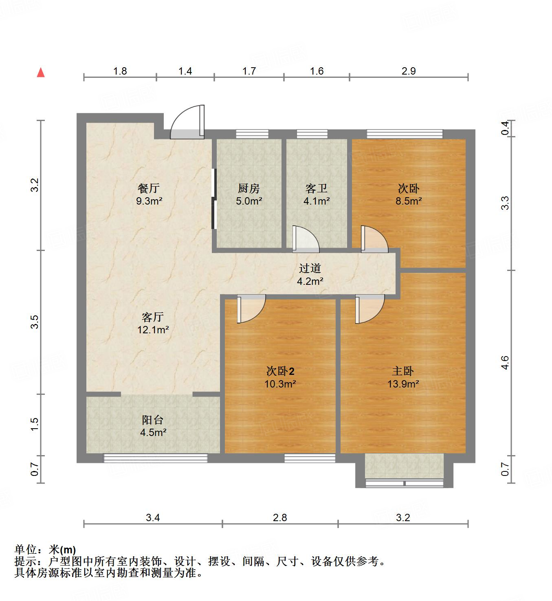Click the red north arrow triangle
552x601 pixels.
(41, 73)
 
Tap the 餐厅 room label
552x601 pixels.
(149, 188)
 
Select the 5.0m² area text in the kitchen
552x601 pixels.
(249, 201)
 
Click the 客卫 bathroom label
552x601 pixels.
(317, 188)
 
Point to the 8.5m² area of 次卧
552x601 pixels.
(409, 201)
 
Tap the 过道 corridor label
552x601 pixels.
(310, 268)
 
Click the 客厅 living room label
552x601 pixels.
(153, 317)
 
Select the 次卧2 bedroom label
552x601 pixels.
(280, 371)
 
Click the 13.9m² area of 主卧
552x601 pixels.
(403, 384)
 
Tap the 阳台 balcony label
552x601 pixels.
(153, 420)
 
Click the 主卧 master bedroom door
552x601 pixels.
(369, 309)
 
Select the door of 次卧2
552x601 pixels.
(251, 308)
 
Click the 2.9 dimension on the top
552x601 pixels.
(409, 71)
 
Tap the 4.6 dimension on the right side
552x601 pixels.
(505, 363)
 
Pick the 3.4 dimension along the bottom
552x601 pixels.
(153, 518)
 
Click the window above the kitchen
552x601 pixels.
(252, 133)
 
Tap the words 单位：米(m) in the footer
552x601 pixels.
(45, 550)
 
